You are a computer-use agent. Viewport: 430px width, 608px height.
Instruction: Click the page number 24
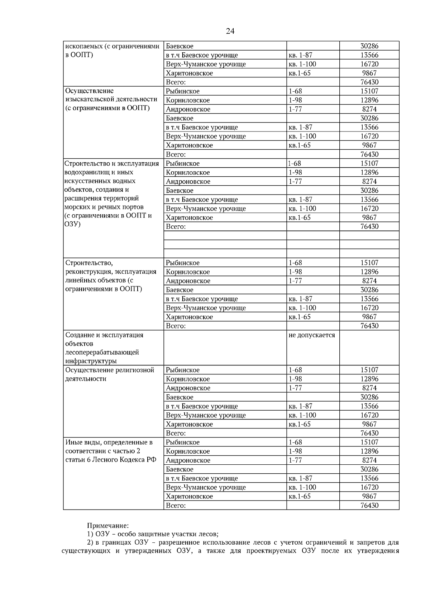point(230,32)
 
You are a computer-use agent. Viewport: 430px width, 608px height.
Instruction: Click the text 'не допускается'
point(311,335)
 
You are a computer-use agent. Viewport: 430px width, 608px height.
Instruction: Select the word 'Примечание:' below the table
point(107,526)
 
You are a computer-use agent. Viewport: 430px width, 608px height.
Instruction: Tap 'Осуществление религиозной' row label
point(109,370)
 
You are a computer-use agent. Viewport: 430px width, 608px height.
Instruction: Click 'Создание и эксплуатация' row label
point(104,335)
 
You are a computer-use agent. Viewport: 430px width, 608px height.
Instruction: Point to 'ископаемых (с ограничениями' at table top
point(112,46)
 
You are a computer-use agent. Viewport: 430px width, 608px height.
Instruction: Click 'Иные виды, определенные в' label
point(109,442)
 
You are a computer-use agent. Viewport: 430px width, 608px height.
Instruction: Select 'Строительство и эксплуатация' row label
point(111,163)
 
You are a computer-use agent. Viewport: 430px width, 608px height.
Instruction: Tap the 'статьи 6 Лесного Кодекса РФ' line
point(111,460)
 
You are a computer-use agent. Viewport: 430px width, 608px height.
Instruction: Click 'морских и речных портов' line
point(104,207)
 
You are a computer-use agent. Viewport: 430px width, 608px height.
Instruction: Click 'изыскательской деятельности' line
point(111,99)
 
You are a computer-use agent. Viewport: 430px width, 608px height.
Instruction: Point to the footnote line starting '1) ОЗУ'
point(153,534)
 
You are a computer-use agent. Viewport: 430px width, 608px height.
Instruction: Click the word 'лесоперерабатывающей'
point(102,352)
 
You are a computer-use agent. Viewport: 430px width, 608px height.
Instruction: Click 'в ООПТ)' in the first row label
point(79,55)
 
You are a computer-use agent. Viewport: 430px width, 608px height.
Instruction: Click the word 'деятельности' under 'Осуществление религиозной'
point(86,379)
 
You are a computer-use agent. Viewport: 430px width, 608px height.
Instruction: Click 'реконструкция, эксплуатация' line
point(111,272)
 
